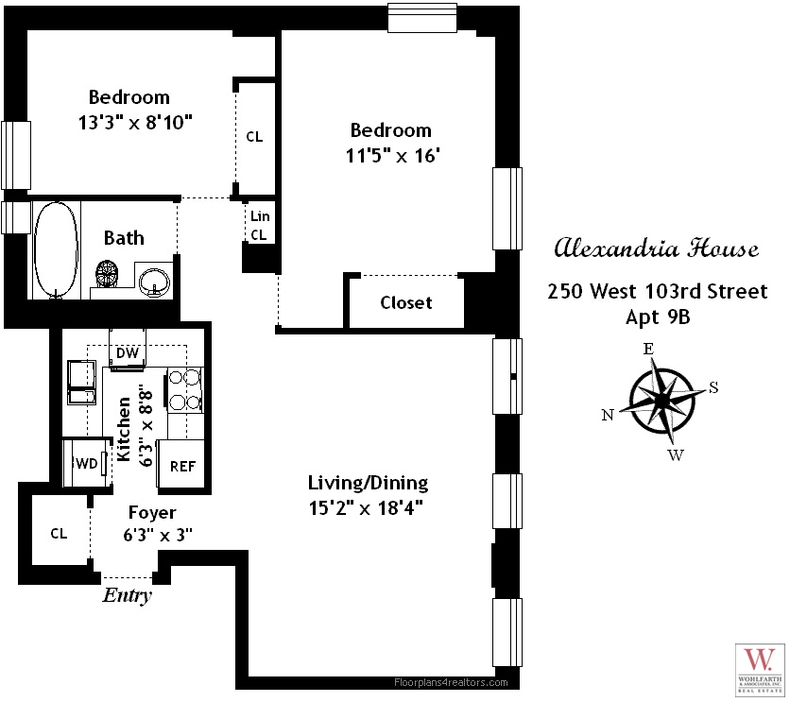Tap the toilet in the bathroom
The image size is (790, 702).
pos(108,276)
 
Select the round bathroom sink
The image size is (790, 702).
pos(153,281)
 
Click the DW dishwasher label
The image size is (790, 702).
pos(128,353)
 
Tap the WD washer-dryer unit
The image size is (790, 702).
pos(83,464)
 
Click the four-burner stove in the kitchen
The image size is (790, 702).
pos(186,389)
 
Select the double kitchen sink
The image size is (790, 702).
pos(81,382)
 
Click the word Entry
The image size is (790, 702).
pos(127,596)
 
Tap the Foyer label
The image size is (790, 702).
pos(152,513)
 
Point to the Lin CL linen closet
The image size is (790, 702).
pos(259,225)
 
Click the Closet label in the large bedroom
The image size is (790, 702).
pos(406,302)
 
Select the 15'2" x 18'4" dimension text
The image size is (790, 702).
pos(367,507)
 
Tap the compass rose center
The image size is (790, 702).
pos(662,401)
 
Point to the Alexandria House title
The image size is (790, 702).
pos(655,250)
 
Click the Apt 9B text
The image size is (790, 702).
pos(658,317)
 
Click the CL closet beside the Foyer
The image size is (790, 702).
pos(59,533)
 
